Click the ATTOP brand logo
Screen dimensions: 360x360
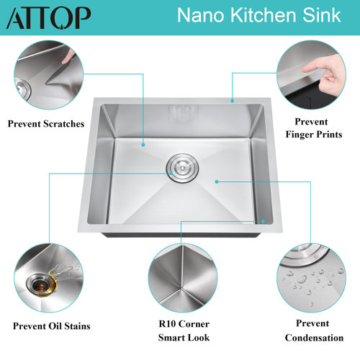pos(48,17)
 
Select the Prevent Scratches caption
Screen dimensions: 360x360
pos(46,124)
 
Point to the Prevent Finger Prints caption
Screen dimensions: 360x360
pos(310,127)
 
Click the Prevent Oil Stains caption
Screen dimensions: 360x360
pos(48,326)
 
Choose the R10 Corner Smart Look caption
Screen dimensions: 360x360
pos(179,331)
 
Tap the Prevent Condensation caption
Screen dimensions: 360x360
pos(310,331)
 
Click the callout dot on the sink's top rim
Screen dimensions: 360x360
pos(231,100)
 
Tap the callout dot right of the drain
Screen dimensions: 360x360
pos(216,181)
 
